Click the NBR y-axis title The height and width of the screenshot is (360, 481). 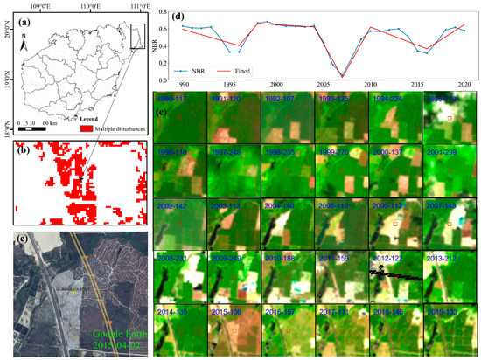(x=157, y=44)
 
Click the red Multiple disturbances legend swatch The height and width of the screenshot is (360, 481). (x=86, y=128)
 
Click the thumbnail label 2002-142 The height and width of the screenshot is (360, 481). (x=178, y=207)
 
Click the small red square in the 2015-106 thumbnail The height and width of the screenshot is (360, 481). (x=234, y=331)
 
